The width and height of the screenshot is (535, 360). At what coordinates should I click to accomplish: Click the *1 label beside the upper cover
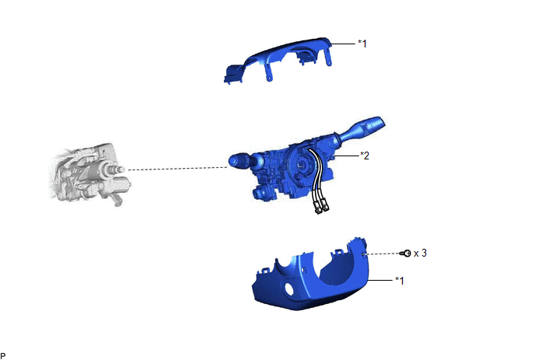[362, 44]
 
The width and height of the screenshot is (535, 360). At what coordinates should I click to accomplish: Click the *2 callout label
[365, 156]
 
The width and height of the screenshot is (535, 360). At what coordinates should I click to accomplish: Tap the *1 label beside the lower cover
[400, 281]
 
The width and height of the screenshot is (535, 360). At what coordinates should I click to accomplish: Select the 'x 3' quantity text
[420, 253]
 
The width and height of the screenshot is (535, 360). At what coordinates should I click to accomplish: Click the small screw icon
[407, 253]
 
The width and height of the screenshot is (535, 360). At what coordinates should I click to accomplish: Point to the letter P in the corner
[3, 355]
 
